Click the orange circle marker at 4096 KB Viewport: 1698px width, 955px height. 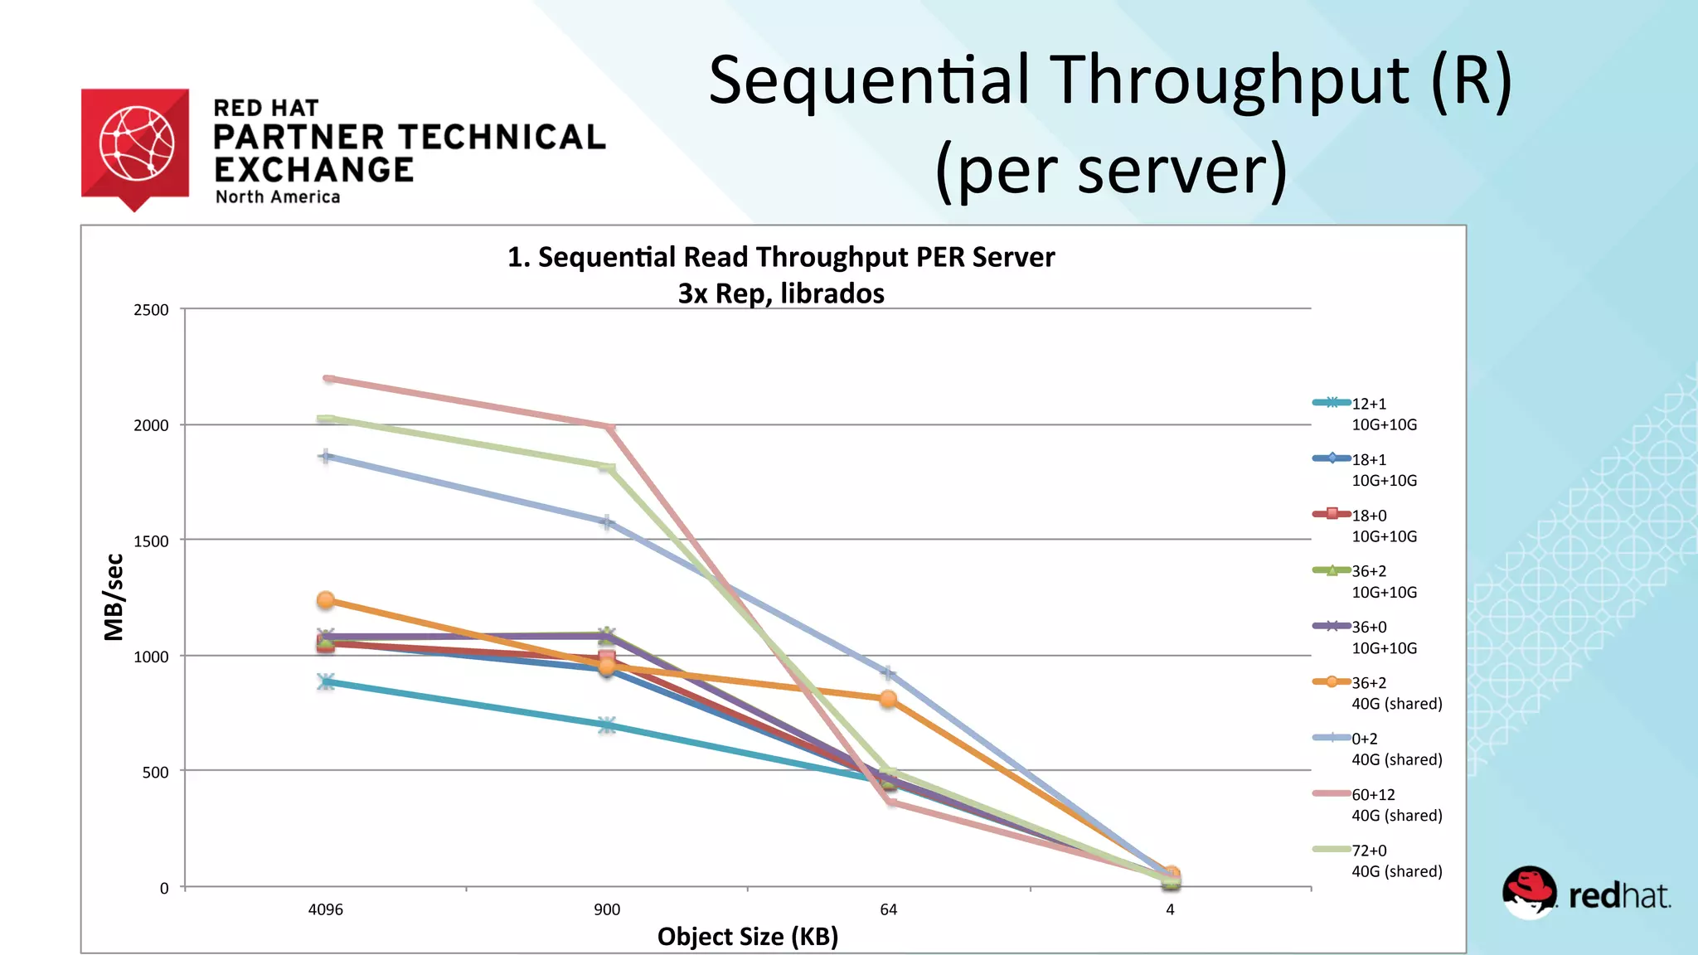click(326, 599)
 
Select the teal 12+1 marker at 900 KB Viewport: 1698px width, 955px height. click(607, 725)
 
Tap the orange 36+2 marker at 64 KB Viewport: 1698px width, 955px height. click(888, 699)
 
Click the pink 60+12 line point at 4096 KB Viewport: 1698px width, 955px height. click(328, 379)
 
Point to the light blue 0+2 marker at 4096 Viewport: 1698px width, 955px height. click(326, 456)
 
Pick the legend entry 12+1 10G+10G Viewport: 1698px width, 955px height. click(1383, 414)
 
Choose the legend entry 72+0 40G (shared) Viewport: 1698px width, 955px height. click(1395, 860)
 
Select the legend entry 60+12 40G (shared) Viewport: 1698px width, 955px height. click(1395, 805)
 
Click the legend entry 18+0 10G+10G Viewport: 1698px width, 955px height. click(1383, 526)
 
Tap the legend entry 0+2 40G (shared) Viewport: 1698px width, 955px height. click(1395, 749)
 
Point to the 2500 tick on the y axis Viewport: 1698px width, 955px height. click(151, 310)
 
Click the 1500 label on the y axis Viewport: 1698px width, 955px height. click(151, 541)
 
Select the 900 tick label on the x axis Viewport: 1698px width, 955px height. click(607, 909)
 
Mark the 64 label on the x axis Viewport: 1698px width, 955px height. click(888, 909)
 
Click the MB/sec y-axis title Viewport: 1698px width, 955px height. click(114, 597)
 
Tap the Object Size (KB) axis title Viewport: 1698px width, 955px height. click(748, 937)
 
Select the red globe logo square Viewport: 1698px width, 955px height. click(135, 144)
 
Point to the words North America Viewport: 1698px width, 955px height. click(278, 197)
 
